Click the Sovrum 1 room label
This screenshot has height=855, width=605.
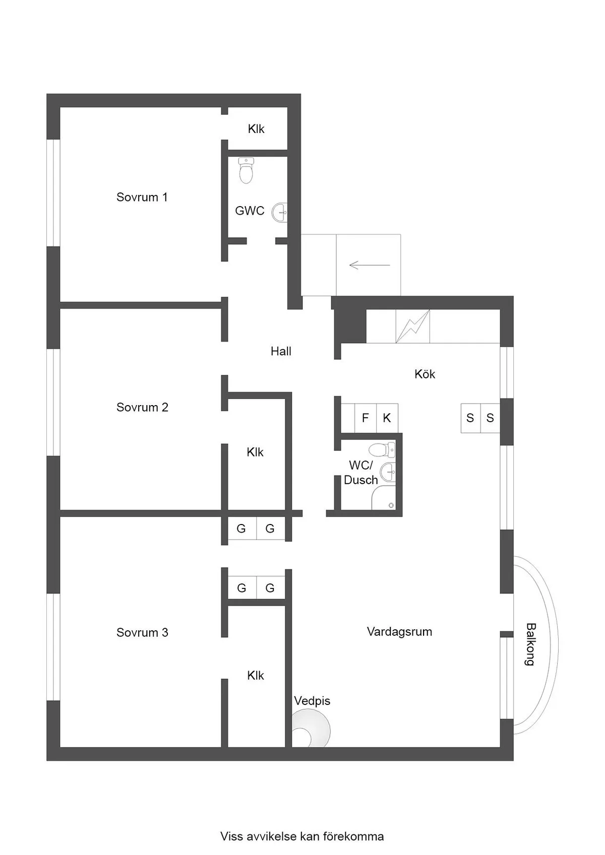coord(142,197)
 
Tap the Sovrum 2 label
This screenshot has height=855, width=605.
coord(142,407)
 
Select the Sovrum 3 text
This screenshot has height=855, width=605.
coord(142,632)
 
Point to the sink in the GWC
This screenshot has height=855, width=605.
coord(279,213)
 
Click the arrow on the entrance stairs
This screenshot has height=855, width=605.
coord(369,265)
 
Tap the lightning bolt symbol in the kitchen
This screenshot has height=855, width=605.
coord(413,326)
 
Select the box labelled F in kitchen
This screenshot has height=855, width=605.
coord(366,418)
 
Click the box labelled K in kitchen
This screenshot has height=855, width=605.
coord(387,418)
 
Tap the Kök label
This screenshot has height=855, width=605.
coord(425,374)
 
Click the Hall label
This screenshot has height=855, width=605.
coord(281,351)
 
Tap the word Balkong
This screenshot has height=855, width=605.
coord(530,644)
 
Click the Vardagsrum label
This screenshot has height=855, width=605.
coord(399,631)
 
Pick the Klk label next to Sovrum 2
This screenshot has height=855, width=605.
coord(255,452)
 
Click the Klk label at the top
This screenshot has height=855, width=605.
coord(256,129)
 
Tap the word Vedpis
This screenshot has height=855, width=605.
coord(312,701)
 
